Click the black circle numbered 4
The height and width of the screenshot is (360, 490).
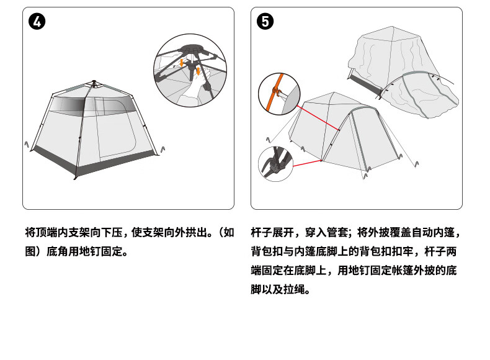[x=37, y=22]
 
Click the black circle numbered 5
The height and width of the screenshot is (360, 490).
[x=265, y=22]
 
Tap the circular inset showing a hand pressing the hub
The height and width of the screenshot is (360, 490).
[x=190, y=70]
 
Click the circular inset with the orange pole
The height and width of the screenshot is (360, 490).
[x=279, y=94]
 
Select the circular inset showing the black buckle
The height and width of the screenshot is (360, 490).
[x=275, y=164]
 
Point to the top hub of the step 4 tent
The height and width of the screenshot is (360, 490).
[x=94, y=83]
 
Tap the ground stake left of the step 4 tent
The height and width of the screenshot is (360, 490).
[x=27, y=145]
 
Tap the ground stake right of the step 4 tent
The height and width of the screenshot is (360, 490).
[x=163, y=150]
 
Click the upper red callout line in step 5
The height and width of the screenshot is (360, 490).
[x=318, y=117]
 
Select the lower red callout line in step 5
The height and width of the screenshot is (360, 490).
[x=308, y=163]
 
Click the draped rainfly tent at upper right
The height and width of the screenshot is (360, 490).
[x=403, y=73]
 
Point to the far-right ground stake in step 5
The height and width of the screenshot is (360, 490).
[x=417, y=164]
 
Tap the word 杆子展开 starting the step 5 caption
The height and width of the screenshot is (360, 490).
[x=272, y=233]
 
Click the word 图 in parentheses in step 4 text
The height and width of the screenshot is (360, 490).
[x=30, y=251]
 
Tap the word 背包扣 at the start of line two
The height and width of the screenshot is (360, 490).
[x=267, y=251]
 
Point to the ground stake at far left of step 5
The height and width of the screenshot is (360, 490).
[x=268, y=140]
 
